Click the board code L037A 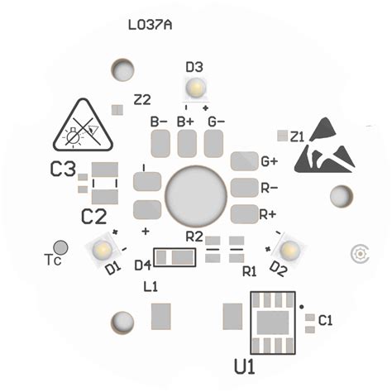150,25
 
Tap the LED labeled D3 196,86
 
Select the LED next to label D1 103,247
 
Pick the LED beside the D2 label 289,247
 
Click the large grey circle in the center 196,196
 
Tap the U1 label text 246,364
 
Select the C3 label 63,170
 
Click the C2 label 93,217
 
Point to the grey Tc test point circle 60,246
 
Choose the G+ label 270,161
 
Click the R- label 269,188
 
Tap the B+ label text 186,122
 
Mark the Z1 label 298,135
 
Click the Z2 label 142,100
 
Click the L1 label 151,287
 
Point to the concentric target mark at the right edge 360,253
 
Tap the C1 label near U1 325,320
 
